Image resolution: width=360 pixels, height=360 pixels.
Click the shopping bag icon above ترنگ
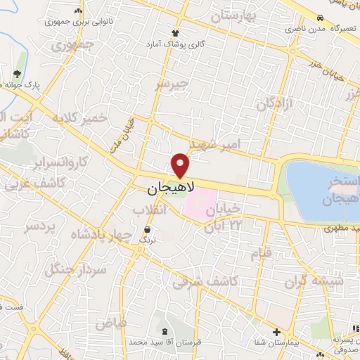(x=147, y=231)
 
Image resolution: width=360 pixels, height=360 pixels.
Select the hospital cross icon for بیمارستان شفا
(x=276, y=332)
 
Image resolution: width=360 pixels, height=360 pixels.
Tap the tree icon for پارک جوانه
(x=17, y=74)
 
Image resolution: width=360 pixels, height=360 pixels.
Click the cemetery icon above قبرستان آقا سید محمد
(x=166, y=330)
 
